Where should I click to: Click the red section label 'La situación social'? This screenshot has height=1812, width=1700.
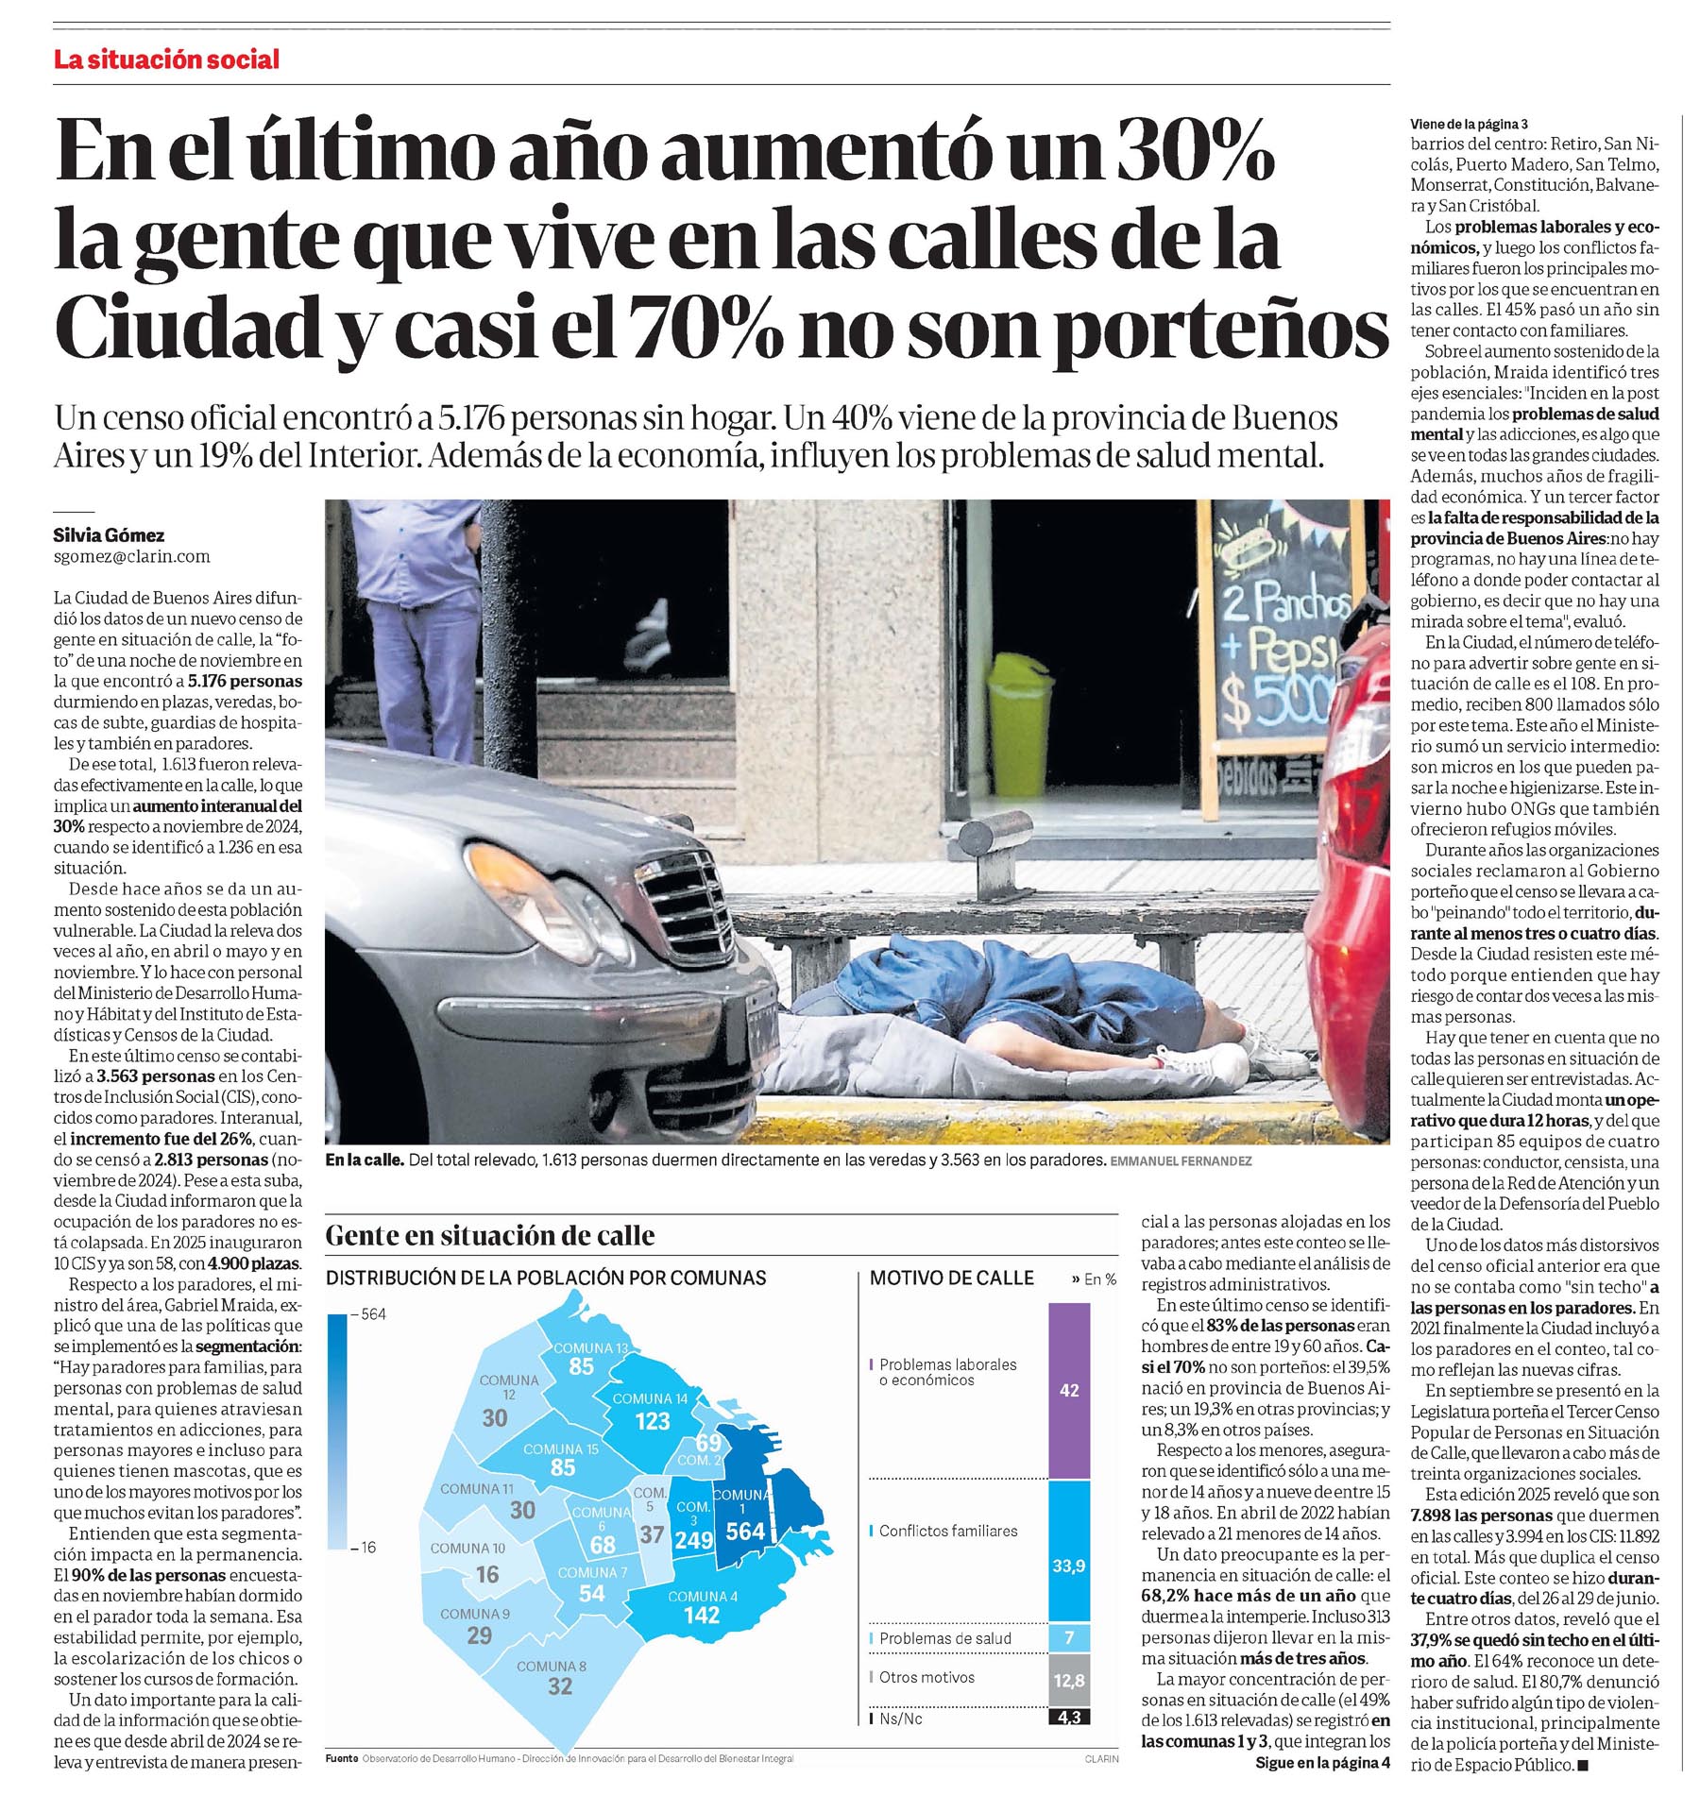click(x=166, y=59)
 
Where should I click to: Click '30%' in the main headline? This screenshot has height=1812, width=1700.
click(x=1196, y=151)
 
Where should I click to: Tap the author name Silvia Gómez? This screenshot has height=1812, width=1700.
click(x=109, y=534)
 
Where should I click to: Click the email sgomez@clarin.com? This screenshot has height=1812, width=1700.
click(x=131, y=556)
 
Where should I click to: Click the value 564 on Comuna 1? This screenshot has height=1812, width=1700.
click(x=744, y=1531)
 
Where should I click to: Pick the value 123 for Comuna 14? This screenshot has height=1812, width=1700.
click(x=652, y=1421)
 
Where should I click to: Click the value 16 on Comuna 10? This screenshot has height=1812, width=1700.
click(x=487, y=1574)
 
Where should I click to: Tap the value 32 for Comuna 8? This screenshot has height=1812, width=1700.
click(x=559, y=1685)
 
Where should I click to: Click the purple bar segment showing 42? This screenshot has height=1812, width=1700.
click(x=1068, y=1390)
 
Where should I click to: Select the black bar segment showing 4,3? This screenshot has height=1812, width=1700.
click(x=1068, y=1717)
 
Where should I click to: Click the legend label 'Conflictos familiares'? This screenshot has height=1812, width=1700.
click(x=947, y=1531)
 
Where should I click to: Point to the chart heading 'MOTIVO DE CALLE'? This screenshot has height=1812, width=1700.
click(x=951, y=1278)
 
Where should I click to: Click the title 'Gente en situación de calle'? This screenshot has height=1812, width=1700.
click(x=489, y=1235)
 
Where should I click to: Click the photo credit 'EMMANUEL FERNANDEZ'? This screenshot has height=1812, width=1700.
click(x=1181, y=1160)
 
